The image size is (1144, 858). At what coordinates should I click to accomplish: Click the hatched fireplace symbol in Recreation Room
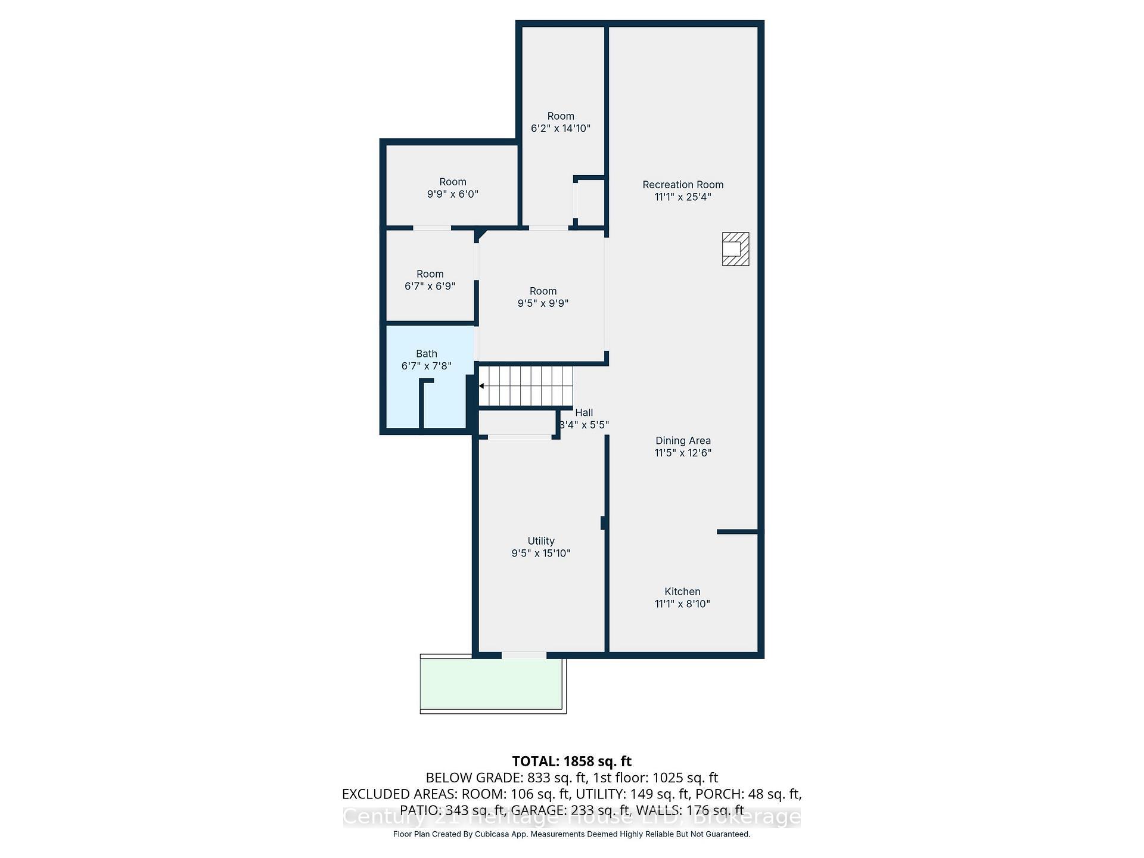click(735, 249)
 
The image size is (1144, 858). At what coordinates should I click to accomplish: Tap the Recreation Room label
click(683, 185)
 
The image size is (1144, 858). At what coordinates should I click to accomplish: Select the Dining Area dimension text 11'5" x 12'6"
click(683, 453)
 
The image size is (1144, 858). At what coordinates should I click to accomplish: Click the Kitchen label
click(682, 592)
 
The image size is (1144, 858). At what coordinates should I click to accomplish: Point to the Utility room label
click(541, 541)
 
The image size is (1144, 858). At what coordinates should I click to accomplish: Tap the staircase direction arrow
click(481, 386)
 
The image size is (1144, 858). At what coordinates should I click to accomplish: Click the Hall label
click(584, 412)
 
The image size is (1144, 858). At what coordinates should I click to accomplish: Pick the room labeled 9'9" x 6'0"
click(452, 188)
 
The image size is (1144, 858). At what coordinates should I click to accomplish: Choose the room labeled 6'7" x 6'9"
click(430, 280)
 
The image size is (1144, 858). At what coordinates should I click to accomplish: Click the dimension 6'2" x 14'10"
click(561, 128)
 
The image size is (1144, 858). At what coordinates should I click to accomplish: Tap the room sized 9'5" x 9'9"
click(543, 297)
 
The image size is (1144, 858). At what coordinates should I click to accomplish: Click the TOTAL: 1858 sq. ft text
click(571, 761)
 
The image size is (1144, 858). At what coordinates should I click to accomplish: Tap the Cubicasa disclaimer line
click(571, 834)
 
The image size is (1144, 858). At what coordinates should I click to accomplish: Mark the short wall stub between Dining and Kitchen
click(737, 531)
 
